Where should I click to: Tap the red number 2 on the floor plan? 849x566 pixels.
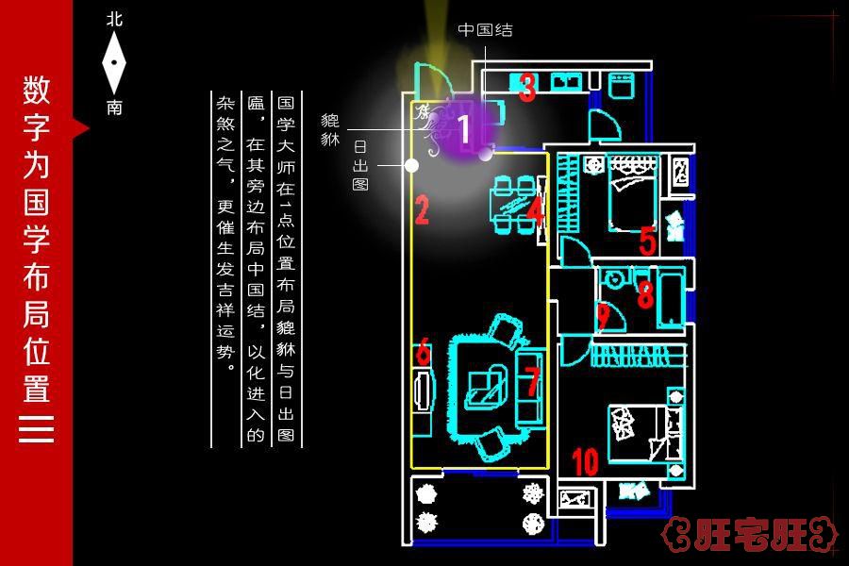tap(422, 210)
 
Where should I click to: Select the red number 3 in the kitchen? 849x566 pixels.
tap(527, 88)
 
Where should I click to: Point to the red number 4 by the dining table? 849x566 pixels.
tap(535, 209)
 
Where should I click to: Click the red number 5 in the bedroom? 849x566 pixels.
tap(647, 241)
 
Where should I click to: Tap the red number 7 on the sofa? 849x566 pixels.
tap(532, 381)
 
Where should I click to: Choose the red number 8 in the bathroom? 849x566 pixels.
tap(645, 295)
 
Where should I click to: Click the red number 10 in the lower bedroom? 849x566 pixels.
tap(585, 462)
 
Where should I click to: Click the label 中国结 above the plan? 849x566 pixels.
tap(486, 29)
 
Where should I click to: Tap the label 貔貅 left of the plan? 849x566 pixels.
tap(330, 129)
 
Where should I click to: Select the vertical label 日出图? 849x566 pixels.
tap(359, 166)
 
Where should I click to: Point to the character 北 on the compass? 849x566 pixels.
tap(114, 18)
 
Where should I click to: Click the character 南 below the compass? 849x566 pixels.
tap(114, 108)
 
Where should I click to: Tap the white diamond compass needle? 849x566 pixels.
tap(114, 62)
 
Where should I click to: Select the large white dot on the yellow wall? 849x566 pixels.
tap(411, 165)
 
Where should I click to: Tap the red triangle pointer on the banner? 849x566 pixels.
tap(81, 127)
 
